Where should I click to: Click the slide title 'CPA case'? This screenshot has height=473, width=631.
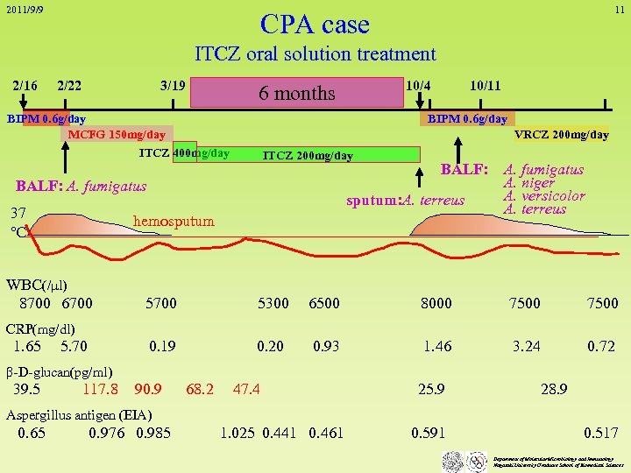point(315,24)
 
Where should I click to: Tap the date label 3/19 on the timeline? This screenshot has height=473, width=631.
point(173,86)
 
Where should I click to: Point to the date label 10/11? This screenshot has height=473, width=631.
point(485,86)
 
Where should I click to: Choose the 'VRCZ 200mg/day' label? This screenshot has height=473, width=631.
point(561,134)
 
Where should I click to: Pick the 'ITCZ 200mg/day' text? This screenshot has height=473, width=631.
point(308,156)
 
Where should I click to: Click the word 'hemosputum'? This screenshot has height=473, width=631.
point(174,221)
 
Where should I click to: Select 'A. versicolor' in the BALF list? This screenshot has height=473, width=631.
point(544,195)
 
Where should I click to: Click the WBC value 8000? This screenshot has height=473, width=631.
point(436,303)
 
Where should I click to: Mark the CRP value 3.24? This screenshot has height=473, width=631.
point(526,346)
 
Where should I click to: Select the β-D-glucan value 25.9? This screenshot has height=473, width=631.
point(430,389)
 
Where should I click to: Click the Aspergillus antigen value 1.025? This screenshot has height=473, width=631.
point(238,433)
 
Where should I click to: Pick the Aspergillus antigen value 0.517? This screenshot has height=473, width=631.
point(600,433)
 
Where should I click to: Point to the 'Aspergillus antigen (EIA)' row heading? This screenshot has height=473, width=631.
point(79,414)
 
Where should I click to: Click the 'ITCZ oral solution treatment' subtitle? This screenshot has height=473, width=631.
point(315,54)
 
